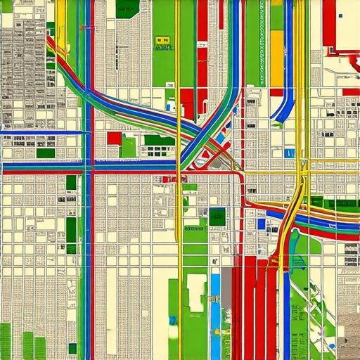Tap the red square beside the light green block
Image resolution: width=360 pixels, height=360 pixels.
(x=114, y=138)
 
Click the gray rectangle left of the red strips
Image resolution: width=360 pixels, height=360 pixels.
(x=226, y=288)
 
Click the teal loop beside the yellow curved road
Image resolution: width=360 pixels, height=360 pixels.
(x=295, y=264)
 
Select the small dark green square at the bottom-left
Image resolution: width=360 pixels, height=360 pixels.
(x=72, y=347)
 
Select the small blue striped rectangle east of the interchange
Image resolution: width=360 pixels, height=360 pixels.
(x=290, y=153)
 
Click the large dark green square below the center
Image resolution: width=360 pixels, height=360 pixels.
(x=217, y=217)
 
